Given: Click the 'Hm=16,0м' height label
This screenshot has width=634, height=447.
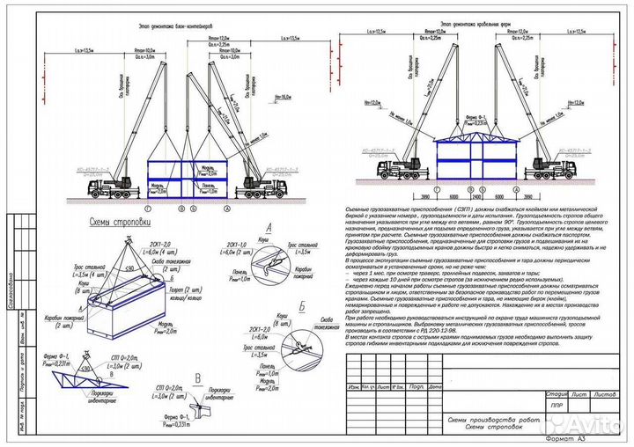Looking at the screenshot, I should point(283,99).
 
